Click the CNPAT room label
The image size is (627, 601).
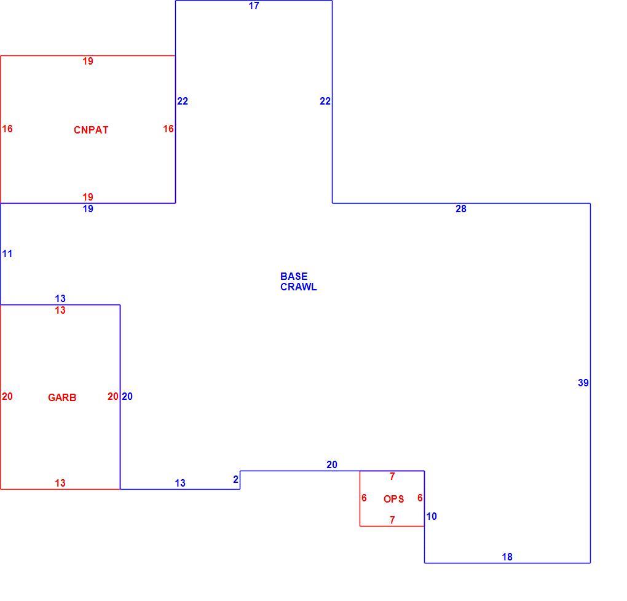click(91, 130)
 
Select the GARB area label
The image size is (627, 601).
click(62, 397)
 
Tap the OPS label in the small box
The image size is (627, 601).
click(393, 499)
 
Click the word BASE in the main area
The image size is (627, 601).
click(294, 276)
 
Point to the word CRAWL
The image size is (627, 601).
click(298, 287)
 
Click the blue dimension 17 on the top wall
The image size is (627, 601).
click(254, 6)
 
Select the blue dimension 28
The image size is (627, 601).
click(461, 209)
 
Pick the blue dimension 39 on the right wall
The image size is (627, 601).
click(583, 383)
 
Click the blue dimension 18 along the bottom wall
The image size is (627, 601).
click(507, 557)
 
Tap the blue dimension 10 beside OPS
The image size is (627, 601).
click(432, 517)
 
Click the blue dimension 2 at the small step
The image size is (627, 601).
click(236, 479)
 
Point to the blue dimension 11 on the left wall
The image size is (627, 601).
click(7, 253)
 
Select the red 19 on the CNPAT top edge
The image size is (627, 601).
click(88, 62)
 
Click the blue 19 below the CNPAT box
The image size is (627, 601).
click(88, 209)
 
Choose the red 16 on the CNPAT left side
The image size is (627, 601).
click(7, 129)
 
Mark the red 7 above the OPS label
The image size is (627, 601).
click(392, 477)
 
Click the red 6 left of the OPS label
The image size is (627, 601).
click(364, 498)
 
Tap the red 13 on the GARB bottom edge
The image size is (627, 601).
click(60, 484)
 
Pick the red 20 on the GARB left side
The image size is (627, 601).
click(7, 397)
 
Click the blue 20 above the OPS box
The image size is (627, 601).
click(332, 465)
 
